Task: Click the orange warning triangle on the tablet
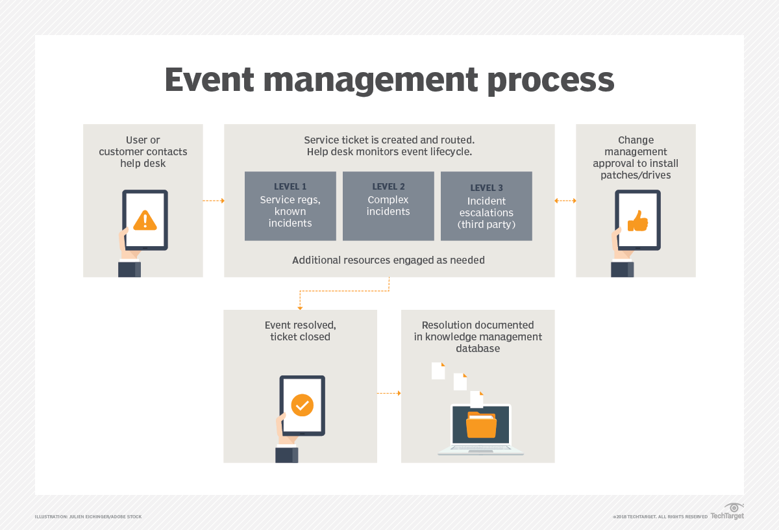pos(145,221)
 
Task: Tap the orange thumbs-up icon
pos(637,221)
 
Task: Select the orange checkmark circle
pos(302,405)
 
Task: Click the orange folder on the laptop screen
pos(481,425)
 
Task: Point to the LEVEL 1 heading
pos(290,187)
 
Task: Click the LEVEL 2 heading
pos(388,187)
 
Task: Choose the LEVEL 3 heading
pos(486,188)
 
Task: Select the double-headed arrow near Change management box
pos(565,201)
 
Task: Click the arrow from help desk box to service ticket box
pos(214,201)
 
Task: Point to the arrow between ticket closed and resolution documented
pos(389,393)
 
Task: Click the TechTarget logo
pos(728,512)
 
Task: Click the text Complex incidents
pos(388,206)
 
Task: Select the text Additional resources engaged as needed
pos(388,260)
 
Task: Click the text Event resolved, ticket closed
pos(301,331)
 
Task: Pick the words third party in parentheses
pos(486,225)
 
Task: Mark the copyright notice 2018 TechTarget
pos(660,517)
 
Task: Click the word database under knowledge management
pos(478,348)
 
